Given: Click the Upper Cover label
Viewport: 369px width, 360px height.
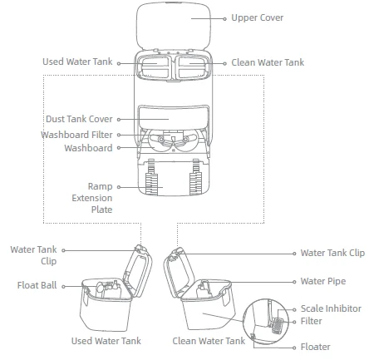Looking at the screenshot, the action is [x=258, y=17].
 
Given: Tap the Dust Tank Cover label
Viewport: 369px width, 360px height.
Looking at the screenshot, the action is [x=79, y=119].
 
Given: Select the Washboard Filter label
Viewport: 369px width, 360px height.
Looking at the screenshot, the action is [x=76, y=135].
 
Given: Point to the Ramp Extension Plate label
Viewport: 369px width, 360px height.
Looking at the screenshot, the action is [x=92, y=198].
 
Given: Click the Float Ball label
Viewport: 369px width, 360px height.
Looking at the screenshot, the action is [x=37, y=285].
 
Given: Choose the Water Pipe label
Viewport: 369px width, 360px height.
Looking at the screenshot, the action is [x=323, y=281].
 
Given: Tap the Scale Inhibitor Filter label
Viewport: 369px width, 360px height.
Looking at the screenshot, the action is [x=331, y=314].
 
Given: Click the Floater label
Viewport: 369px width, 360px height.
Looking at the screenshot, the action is [x=316, y=347].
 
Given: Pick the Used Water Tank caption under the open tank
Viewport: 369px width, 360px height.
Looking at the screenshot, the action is [x=106, y=341].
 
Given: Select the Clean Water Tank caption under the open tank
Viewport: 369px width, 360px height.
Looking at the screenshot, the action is [x=209, y=341].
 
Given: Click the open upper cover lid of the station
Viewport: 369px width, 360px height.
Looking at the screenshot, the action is [x=174, y=27].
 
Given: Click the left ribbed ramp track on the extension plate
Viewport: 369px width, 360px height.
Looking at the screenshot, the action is [x=151, y=177].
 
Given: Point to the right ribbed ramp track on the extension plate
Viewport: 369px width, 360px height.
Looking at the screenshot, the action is [x=195, y=177].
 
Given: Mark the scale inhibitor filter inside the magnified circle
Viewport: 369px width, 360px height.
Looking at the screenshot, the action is [x=278, y=326].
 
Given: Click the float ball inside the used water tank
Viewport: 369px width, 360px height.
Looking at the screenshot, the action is [x=100, y=288].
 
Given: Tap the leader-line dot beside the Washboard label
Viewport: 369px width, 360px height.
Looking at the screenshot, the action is [x=119, y=148].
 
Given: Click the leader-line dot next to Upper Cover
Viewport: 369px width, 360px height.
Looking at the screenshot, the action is [x=224, y=19].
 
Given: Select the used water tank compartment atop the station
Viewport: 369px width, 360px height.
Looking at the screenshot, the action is [x=155, y=67].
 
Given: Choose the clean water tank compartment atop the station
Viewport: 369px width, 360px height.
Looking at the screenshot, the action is [x=193, y=67].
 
